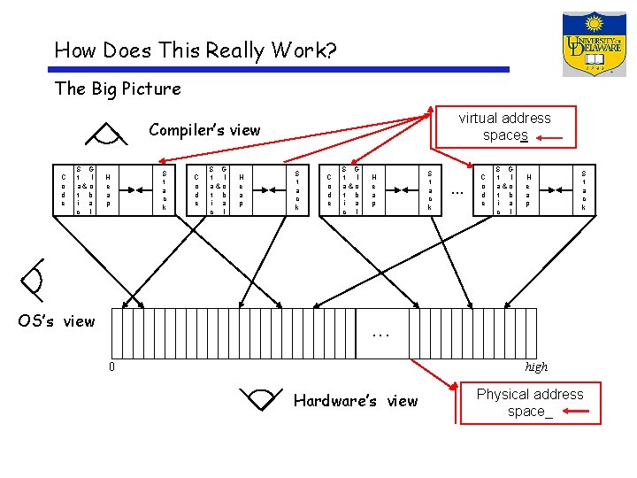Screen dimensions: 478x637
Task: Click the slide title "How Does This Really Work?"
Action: click(x=195, y=50)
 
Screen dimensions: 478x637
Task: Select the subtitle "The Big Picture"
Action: click(x=118, y=89)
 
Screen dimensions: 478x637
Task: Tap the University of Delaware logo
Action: click(x=594, y=44)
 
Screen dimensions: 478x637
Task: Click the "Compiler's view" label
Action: click(x=204, y=130)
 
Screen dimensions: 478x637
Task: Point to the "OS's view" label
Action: click(x=57, y=321)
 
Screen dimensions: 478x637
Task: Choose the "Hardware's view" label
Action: click(x=355, y=401)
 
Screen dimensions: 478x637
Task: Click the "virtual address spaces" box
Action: click(x=505, y=127)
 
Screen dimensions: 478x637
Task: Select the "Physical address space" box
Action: click(x=529, y=403)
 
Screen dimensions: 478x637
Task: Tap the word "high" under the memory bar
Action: click(x=536, y=366)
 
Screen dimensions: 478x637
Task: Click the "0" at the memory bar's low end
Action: click(x=111, y=366)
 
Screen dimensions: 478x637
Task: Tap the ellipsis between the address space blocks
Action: click(x=457, y=190)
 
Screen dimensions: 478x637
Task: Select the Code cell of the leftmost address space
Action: click(x=63, y=189)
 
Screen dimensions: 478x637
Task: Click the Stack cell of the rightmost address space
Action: click(x=583, y=189)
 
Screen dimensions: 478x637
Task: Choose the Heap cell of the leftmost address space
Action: click(x=107, y=189)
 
